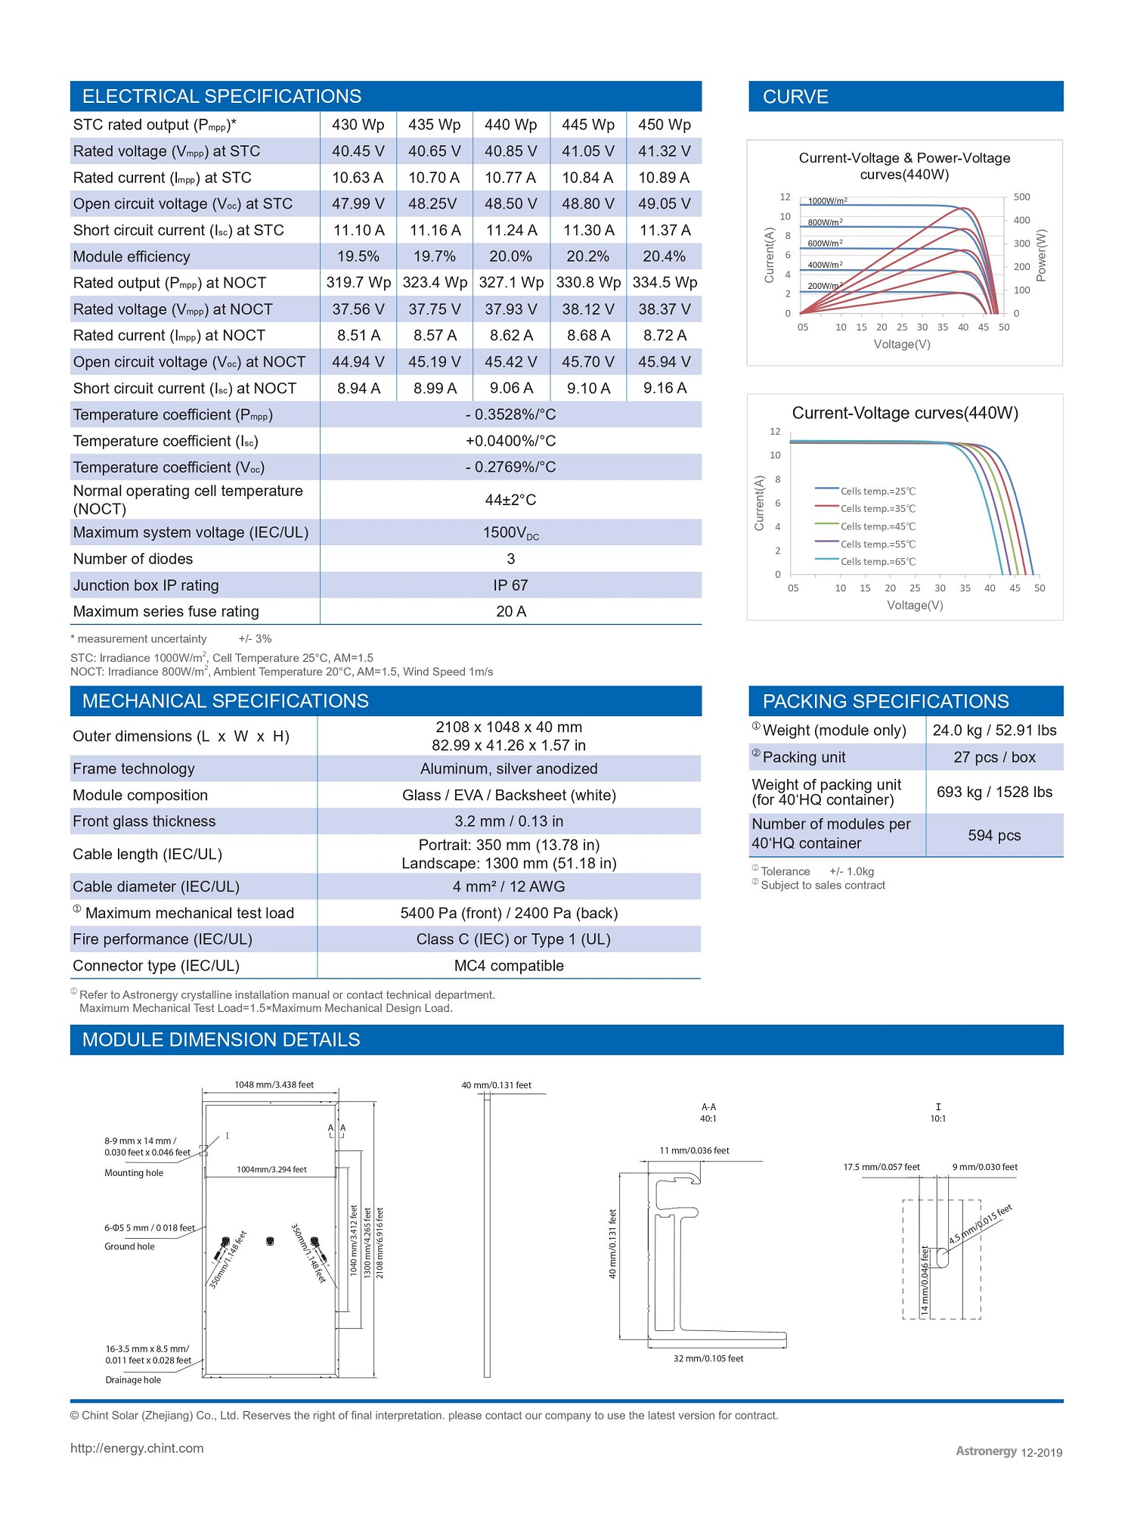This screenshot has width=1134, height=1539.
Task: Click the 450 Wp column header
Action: pyautogui.click(x=664, y=125)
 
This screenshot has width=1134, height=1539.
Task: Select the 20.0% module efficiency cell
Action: pyautogui.click(x=510, y=256)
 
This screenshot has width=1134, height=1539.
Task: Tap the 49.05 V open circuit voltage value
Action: pyautogui.click(x=664, y=204)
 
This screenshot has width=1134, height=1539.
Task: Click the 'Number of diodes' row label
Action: pyautogui.click(x=133, y=559)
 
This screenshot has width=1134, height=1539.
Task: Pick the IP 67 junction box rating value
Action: pyautogui.click(x=510, y=585)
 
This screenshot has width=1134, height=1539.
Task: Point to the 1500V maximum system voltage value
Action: pyautogui.click(x=510, y=533)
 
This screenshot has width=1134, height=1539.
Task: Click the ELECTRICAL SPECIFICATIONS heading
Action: pyautogui.click(x=222, y=97)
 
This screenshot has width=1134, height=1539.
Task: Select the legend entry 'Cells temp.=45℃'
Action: pyautogui.click(x=877, y=526)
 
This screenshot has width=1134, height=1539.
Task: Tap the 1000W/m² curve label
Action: pyautogui.click(x=827, y=201)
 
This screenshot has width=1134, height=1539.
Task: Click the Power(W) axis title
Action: pyautogui.click(x=1042, y=255)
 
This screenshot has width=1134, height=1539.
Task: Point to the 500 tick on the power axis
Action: pyautogui.click(x=1021, y=197)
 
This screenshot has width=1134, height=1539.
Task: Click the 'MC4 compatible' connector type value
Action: pyautogui.click(x=509, y=966)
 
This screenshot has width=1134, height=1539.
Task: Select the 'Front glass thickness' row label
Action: pyautogui.click(x=144, y=821)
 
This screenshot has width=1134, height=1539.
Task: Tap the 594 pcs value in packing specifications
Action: pyautogui.click(x=994, y=836)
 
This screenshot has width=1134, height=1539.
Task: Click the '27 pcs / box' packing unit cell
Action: pyautogui.click(x=994, y=757)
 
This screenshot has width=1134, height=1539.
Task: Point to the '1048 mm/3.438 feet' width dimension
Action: pyautogui.click(x=274, y=1084)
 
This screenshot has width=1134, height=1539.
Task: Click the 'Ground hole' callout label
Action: pyautogui.click(x=129, y=1246)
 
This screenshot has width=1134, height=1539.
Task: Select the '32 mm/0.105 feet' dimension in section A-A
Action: pyautogui.click(x=708, y=1358)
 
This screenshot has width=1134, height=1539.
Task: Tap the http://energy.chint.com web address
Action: pyautogui.click(x=137, y=1448)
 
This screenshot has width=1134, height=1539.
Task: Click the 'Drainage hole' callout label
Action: pyautogui.click(x=133, y=1379)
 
